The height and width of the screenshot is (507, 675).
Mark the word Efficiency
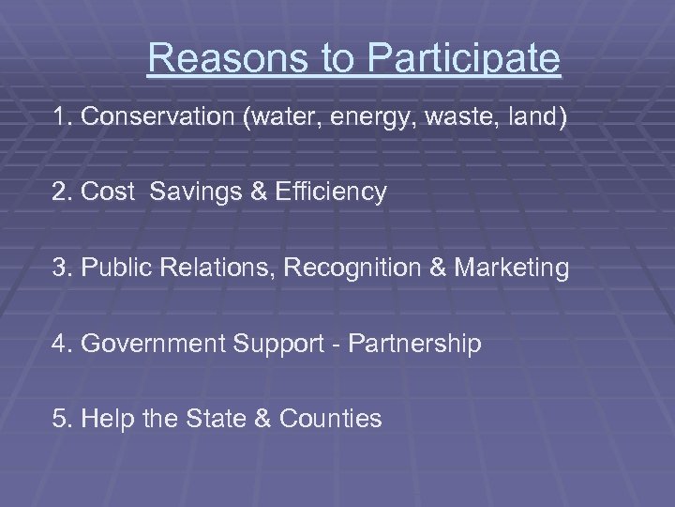331,193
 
